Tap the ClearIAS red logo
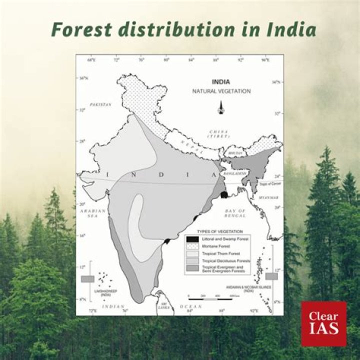tap(323, 323)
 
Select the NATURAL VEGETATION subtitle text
tap(221, 91)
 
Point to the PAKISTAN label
tap(100, 104)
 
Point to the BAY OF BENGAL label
tap(235, 213)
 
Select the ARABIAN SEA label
tap(92, 213)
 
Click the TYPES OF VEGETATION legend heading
tap(220, 231)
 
